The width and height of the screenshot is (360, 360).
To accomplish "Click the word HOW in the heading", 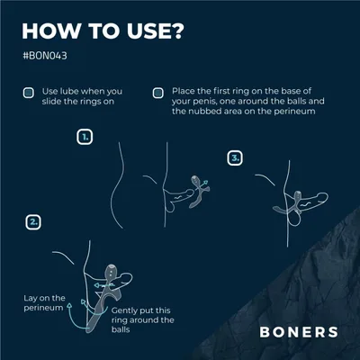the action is point(51,31).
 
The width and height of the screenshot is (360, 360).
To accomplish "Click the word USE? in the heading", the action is point(154,31).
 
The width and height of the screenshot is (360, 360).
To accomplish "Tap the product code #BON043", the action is point(45,56).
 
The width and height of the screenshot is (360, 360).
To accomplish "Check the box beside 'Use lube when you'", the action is point(29,93).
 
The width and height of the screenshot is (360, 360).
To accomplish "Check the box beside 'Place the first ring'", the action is point(158,93).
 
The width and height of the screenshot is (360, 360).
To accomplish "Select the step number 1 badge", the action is point(85,137).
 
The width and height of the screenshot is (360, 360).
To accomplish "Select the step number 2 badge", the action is point(33,222).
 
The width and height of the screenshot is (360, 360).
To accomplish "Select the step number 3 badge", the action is point(235,157).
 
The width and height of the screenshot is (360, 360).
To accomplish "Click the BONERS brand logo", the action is point(299,332).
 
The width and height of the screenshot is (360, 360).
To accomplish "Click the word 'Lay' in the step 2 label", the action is point(31,299).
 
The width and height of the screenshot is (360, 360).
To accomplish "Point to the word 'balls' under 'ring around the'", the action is point(121,329).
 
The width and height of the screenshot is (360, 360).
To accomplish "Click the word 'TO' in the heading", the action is point(103,31).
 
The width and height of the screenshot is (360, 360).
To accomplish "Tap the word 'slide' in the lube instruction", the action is point(50,102).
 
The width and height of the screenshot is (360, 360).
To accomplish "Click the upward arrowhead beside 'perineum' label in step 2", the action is point(69,305).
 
